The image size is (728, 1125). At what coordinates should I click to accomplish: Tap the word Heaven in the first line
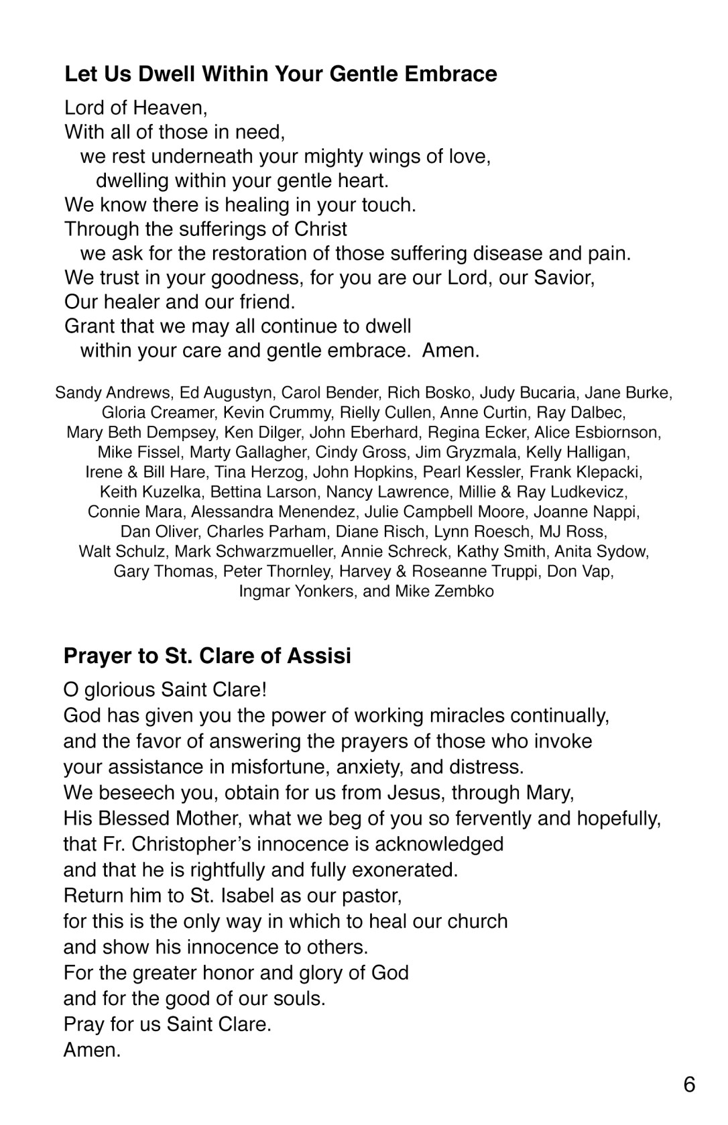click(171, 108)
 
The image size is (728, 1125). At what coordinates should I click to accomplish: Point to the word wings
click(391, 156)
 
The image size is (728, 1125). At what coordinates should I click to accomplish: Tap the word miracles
click(429, 715)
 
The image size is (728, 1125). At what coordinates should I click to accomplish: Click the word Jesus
click(416, 792)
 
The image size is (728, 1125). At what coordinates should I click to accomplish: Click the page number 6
click(689, 1085)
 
